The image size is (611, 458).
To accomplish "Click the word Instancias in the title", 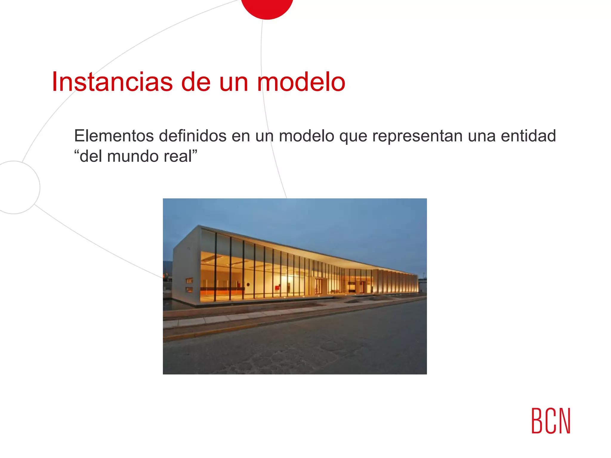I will (x=112, y=82).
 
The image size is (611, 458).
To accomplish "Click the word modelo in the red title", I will (x=301, y=82).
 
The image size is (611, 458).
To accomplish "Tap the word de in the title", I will (x=196, y=82).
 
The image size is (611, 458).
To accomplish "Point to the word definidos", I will (x=193, y=136).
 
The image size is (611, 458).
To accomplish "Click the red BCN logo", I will (x=551, y=421).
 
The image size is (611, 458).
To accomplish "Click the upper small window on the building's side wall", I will (x=189, y=281).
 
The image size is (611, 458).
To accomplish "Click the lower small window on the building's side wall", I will (x=189, y=290).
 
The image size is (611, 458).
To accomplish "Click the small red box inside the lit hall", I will (x=277, y=287).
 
